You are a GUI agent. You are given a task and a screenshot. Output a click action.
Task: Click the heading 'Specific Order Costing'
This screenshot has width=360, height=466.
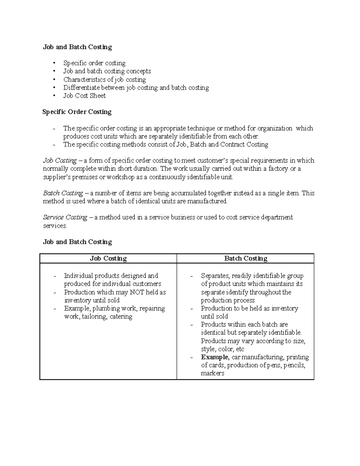(x=77, y=112)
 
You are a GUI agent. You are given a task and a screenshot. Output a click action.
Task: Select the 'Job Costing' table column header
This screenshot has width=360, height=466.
(x=108, y=258)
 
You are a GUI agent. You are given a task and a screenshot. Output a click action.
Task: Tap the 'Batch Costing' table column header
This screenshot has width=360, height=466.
(x=246, y=258)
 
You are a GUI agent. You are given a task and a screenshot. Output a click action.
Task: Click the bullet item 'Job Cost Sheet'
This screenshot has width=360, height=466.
(x=84, y=96)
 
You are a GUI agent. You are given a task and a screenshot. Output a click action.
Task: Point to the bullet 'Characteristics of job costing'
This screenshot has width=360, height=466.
(x=104, y=80)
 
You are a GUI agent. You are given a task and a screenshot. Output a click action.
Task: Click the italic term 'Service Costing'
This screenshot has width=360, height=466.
(x=65, y=217)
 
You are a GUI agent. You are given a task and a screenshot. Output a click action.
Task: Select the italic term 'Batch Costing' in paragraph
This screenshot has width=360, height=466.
(x=63, y=193)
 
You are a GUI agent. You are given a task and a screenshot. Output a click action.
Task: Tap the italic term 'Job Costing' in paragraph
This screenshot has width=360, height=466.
(x=60, y=161)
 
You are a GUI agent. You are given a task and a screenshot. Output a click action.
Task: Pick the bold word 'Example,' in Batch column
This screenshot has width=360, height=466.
(x=215, y=357)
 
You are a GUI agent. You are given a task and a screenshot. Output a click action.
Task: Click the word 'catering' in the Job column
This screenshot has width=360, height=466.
(x=121, y=317)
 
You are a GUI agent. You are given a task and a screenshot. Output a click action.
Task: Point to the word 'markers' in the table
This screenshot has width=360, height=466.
(x=212, y=373)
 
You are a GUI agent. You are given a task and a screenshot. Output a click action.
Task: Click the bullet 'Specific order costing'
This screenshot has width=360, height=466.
(x=94, y=63)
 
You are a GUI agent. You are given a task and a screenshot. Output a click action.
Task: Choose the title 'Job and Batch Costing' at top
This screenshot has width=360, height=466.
(x=77, y=47)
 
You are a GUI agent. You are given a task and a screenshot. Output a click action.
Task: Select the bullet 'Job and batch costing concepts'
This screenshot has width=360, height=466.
(x=107, y=71)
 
